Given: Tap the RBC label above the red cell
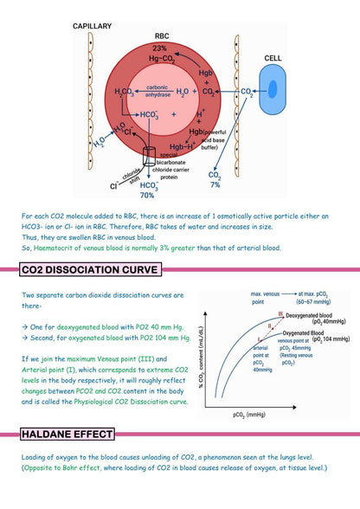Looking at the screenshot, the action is [160, 36].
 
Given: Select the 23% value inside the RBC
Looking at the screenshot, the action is [160, 48].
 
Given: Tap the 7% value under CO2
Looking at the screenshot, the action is [215, 184].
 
